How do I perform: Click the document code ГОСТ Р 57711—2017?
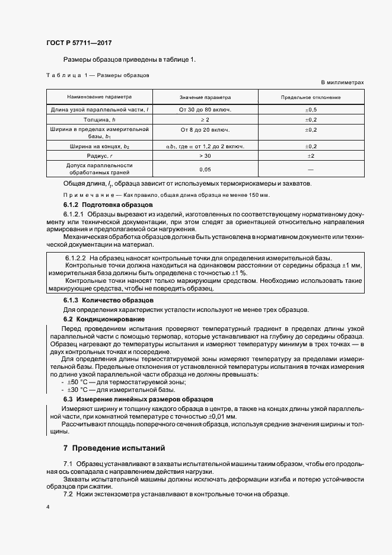(x=78, y=43)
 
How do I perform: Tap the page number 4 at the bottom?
(x=47, y=508)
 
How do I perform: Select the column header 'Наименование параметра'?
(x=99, y=97)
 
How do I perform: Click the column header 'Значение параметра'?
(x=205, y=97)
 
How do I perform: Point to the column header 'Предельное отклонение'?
(x=311, y=97)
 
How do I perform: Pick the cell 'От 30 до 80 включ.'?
(x=205, y=110)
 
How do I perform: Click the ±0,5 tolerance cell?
(x=311, y=110)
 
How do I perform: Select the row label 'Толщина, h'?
(x=99, y=119)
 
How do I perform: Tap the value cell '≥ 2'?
(x=205, y=119)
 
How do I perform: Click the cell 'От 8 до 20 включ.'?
(x=205, y=129)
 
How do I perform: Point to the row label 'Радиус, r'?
(x=99, y=155)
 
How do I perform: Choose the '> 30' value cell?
(x=205, y=155)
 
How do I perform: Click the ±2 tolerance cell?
(x=311, y=155)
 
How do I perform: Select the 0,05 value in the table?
(x=205, y=169)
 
